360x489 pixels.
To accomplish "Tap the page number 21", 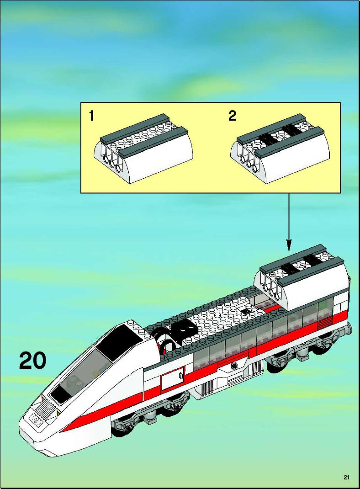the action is (346, 477).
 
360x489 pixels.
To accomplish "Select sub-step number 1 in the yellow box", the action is (91, 116).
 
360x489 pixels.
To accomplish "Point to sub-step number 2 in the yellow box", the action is (232, 116).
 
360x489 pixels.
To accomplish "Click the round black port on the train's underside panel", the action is (234, 366).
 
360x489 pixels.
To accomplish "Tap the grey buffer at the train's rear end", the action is (349, 329).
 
